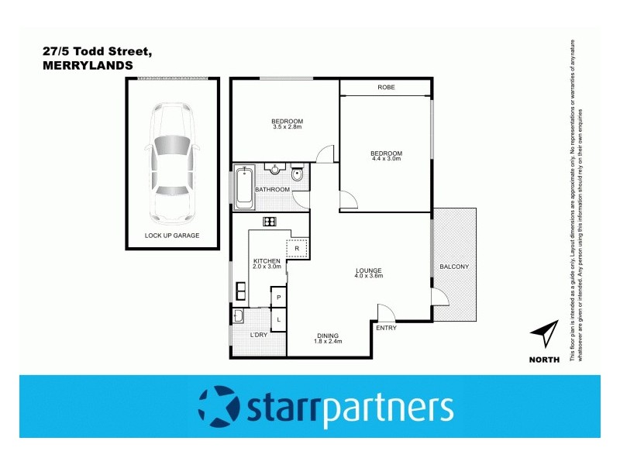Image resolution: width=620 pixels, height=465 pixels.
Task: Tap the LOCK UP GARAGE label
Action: click(x=172, y=235)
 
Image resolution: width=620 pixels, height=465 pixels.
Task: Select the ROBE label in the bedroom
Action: click(x=386, y=88)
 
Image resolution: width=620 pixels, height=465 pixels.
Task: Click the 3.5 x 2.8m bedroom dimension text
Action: click(x=287, y=127)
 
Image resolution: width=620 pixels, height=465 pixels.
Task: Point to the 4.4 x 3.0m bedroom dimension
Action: click(x=387, y=159)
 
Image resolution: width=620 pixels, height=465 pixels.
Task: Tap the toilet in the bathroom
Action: click(x=298, y=173)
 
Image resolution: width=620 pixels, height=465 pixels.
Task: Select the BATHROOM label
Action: click(x=273, y=190)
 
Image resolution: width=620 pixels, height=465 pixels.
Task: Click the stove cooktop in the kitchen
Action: click(x=270, y=222)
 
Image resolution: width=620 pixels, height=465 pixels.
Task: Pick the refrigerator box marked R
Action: click(x=297, y=249)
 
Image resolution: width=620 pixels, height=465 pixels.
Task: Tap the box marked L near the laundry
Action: click(x=278, y=319)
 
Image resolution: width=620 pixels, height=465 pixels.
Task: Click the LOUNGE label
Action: click(x=369, y=270)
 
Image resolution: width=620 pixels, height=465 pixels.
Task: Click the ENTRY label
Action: click(x=385, y=329)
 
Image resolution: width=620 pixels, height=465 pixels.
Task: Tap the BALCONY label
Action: click(x=454, y=267)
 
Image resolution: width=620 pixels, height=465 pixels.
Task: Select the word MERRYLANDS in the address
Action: click(x=88, y=66)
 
